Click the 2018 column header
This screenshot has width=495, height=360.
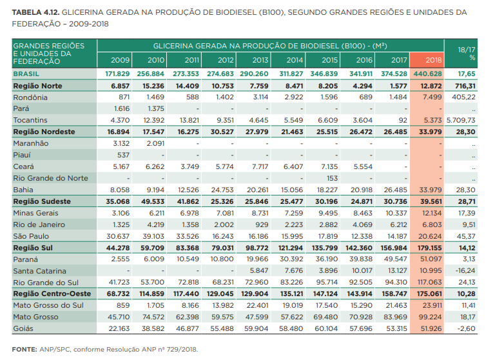pyautogui.click(x=434, y=60)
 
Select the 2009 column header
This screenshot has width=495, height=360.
pyautogui.click(x=121, y=60)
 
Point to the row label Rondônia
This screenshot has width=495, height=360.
pyautogui.click(x=30, y=97)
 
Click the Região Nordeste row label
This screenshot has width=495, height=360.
pyautogui.click(x=44, y=132)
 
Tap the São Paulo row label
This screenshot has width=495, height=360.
pyautogui.click(x=31, y=236)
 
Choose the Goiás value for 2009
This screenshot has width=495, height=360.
pyautogui.click(x=120, y=328)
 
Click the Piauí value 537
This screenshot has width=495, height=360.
pyautogui.click(x=122, y=155)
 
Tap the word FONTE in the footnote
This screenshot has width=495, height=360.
pyautogui.click(x=24, y=349)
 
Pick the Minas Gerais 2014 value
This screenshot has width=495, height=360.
pyautogui.click(x=293, y=213)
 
